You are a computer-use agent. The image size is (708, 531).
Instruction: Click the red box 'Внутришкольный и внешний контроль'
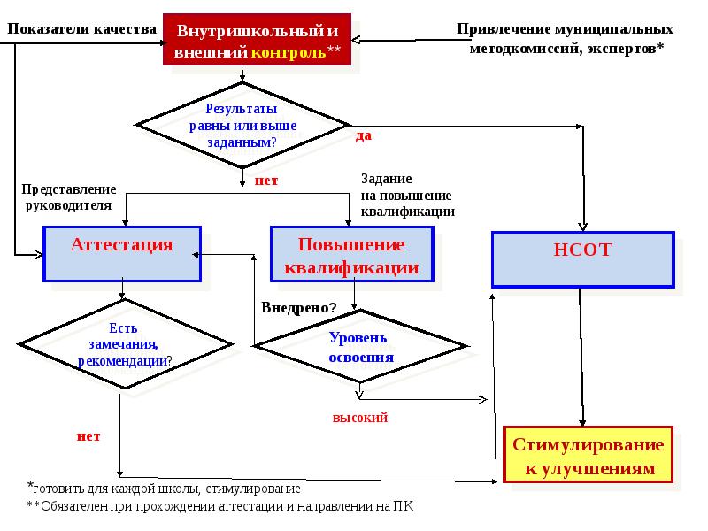point(258,41)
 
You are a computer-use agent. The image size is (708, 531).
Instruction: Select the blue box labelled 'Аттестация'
point(122,254)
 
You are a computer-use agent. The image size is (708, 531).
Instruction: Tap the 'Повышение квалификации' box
point(351,255)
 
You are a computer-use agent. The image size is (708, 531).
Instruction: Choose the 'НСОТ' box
point(582,258)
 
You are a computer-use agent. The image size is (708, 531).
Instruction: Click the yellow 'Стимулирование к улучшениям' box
point(588,455)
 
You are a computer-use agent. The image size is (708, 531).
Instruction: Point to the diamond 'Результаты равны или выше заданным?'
point(242,125)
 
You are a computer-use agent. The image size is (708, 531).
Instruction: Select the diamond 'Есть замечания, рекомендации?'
point(124,343)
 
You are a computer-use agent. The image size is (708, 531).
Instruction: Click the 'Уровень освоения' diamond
point(360,347)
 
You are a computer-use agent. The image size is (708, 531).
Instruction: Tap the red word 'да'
point(363,135)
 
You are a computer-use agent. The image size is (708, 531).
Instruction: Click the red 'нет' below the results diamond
point(265,181)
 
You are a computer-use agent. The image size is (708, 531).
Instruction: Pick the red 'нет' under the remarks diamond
point(88,435)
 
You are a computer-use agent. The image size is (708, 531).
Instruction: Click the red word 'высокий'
point(360,417)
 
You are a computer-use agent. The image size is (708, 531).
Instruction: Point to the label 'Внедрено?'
point(299,308)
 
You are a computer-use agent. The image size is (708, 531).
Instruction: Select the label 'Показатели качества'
point(82,28)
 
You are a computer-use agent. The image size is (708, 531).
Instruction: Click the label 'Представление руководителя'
point(69,197)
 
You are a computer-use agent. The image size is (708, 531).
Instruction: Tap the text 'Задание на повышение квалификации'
point(407,195)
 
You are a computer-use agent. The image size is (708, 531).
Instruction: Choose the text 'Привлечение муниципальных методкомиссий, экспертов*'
point(571,38)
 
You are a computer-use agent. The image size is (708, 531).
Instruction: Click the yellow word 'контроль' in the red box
point(289,52)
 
